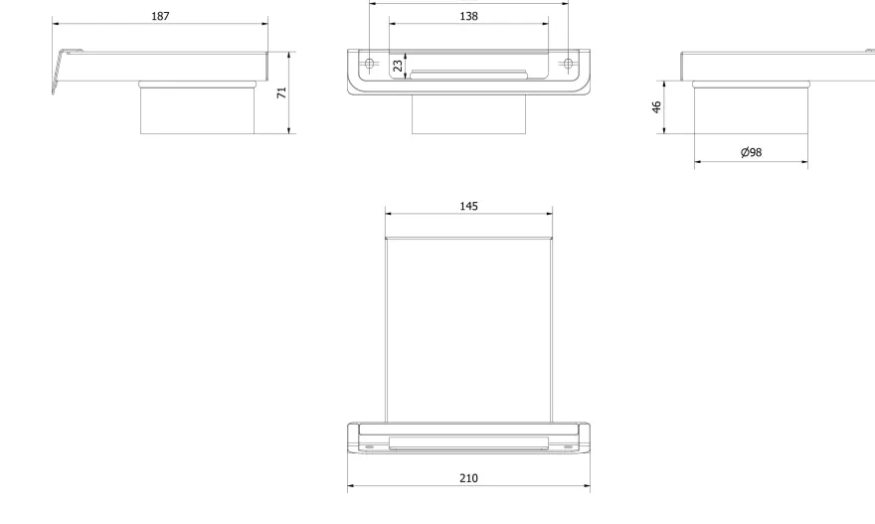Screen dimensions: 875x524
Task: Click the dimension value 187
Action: click(160, 16)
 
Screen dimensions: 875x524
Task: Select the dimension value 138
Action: click(468, 16)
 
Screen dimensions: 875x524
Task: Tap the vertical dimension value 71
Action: click(281, 92)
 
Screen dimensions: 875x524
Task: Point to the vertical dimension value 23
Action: click(398, 66)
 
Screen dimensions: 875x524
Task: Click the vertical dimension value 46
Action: click(656, 107)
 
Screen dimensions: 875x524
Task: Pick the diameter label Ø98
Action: click(751, 152)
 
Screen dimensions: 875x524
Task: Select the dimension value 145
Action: click(468, 207)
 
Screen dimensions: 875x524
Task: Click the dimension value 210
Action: click(468, 478)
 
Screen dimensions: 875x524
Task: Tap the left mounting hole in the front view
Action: click(369, 64)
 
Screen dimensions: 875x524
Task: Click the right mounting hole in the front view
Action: click(568, 64)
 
